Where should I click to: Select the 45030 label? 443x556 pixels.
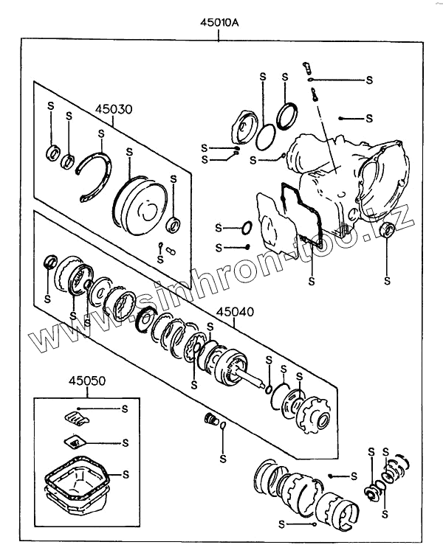coord(113,109)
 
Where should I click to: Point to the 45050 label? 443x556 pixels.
coord(88,381)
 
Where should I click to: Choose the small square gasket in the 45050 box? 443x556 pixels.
coord(74,442)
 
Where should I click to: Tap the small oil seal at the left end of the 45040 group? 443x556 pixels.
coord(50,262)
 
